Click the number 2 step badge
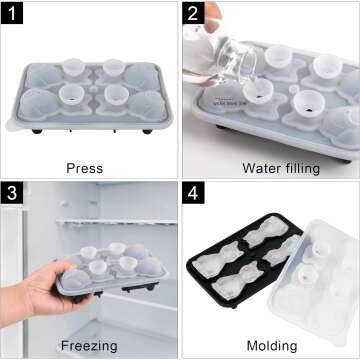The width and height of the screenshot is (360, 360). (x=194, y=13)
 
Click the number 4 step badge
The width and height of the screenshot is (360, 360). (x=194, y=193)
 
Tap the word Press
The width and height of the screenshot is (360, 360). (x=84, y=167)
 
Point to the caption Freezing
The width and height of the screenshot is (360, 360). (x=88, y=346)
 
